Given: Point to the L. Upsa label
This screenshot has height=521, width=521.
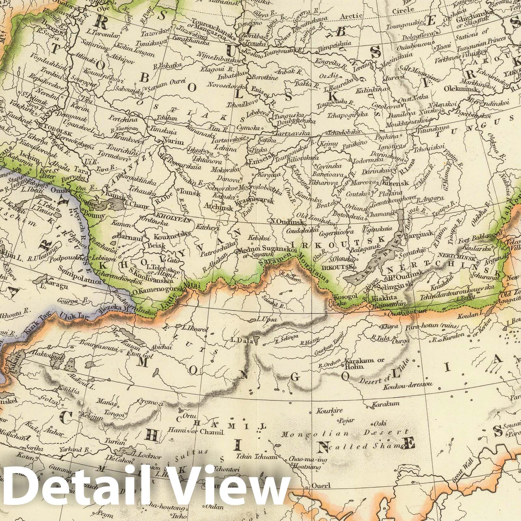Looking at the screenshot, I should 267,319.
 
